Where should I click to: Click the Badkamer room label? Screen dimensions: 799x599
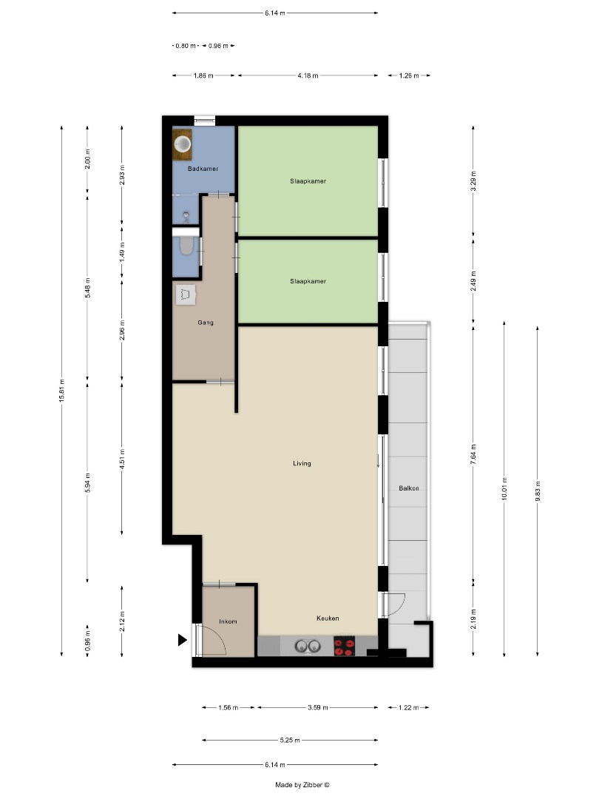[x=203, y=169]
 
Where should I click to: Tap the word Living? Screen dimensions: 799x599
[x=302, y=464]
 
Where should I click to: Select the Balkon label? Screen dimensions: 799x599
[x=408, y=488]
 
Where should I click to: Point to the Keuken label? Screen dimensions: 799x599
[x=328, y=618]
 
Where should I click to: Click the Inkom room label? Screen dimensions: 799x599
[x=229, y=621]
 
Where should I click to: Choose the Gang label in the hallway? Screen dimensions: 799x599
[x=205, y=323]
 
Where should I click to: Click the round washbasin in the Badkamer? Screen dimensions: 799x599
[x=183, y=143]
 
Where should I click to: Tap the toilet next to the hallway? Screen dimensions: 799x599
[x=186, y=246]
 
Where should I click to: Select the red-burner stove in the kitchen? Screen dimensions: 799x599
[x=344, y=647]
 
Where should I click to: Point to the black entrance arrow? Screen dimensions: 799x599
[x=183, y=641]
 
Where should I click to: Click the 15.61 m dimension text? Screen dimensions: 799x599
[x=62, y=391]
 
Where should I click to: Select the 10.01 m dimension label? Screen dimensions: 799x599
[x=504, y=489]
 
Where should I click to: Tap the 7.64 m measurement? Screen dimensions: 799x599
[x=473, y=452]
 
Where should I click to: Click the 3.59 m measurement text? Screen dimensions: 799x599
[x=319, y=708]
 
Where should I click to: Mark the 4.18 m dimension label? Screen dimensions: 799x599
[x=308, y=75]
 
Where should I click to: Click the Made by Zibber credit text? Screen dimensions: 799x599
[x=302, y=785]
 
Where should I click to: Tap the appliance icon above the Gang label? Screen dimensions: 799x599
[x=186, y=294]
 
